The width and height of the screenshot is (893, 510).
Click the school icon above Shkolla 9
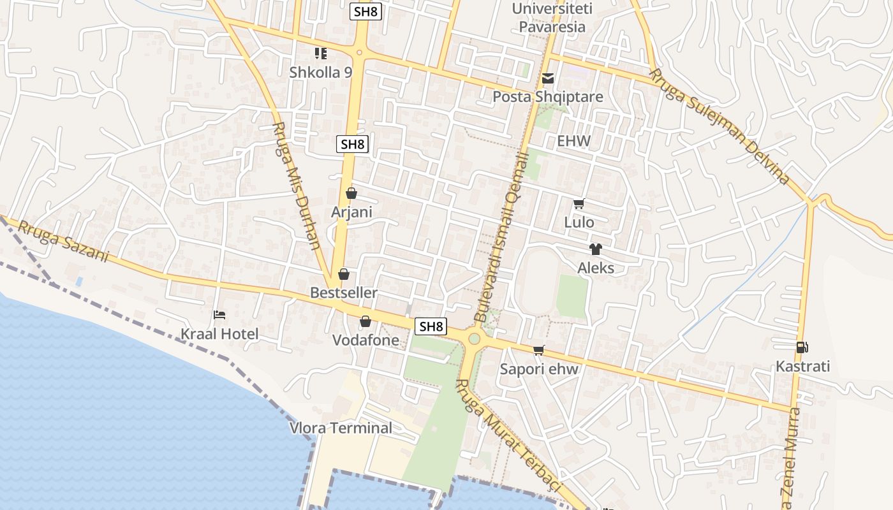pyautogui.click(x=320, y=54)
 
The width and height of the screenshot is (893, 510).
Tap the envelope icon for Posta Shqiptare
pyautogui.click(x=547, y=78)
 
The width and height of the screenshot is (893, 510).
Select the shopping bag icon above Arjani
pyautogui.click(x=351, y=193)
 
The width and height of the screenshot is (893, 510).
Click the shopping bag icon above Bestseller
pyautogui.click(x=343, y=274)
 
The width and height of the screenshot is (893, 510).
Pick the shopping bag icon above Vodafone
pyautogui.click(x=365, y=321)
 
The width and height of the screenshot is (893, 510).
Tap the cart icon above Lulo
pyautogui.click(x=579, y=204)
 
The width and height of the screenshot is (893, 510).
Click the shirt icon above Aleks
pyautogui.click(x=595, y=249)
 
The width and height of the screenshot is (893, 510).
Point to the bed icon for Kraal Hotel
pyautogui.click(x=219, y=315)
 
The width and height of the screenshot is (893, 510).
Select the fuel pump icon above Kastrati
pyautogui.click(x=802, y=347)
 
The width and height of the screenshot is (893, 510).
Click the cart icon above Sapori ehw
pyautogui.click(x=539, y=350)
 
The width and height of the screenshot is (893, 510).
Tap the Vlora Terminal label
pyautogui.click(x=341, y=428)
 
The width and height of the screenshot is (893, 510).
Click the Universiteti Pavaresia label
pyautogui.click(x=552, y=18)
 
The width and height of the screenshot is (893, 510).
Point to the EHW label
pyautogui.click(x=573, y=141)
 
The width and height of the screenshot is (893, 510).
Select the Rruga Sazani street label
pyautogui.click(x=63, y=242)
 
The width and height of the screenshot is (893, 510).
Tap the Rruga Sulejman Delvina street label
pyautogui.click(x=719, y=126)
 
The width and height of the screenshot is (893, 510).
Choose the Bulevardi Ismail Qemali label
pyautogui.click(x=502, y=236)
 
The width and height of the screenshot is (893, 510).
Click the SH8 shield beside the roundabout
pyautogui.click(x=431, y=326)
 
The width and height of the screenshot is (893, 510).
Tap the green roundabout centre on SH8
pyautogui.click(x=474, y=339)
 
